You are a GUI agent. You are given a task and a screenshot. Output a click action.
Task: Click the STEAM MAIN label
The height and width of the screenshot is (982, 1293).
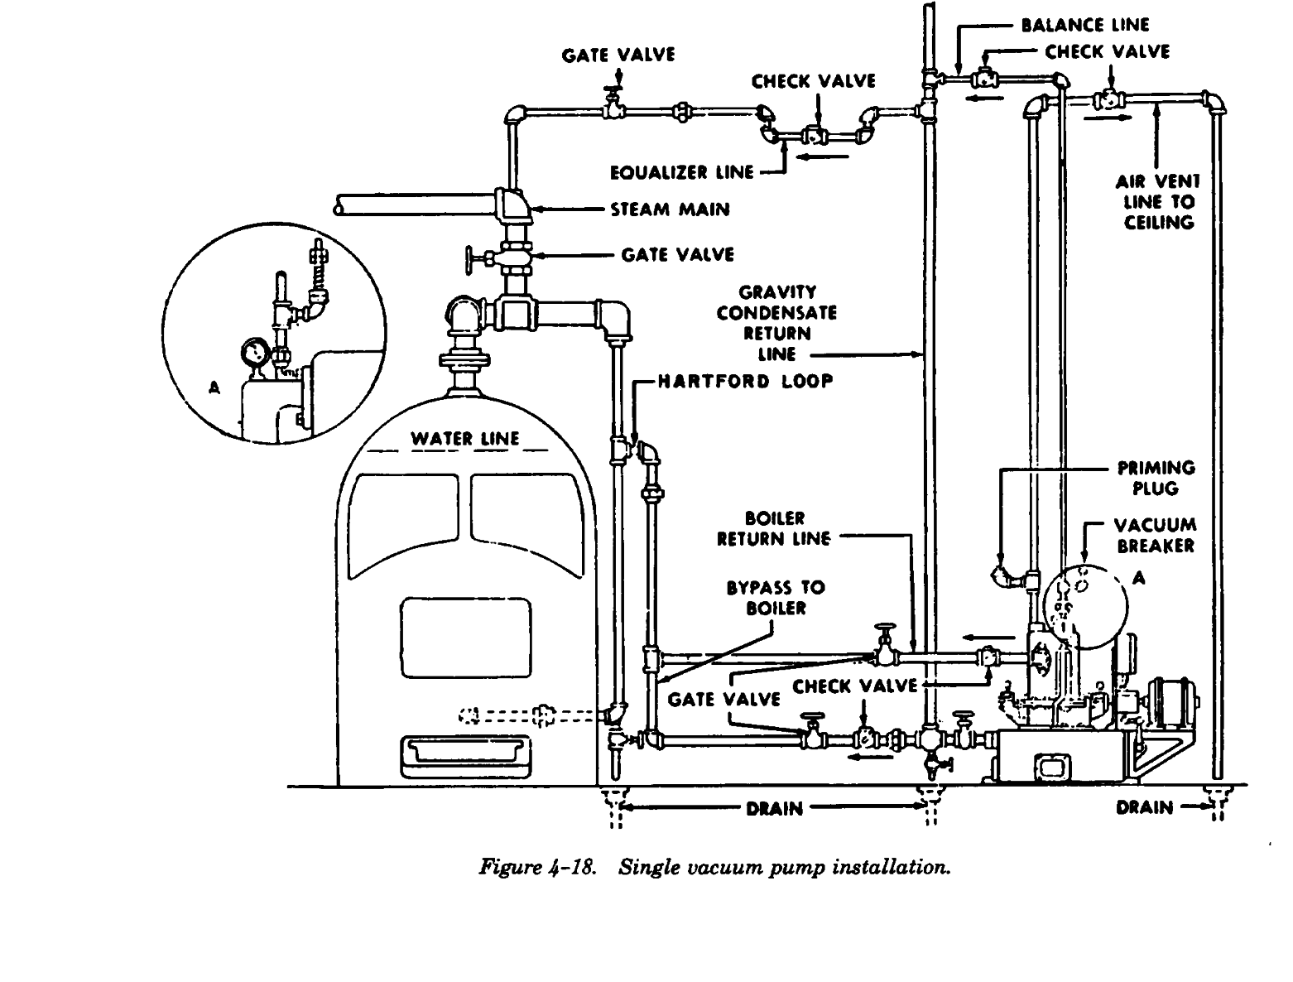[670, 209]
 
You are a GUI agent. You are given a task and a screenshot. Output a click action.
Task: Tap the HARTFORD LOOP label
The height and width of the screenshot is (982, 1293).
[746, 382]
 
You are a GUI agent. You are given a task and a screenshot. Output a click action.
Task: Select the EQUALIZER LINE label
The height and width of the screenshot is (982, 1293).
[682, 173]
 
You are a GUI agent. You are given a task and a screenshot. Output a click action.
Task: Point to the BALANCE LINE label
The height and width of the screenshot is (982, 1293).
[1084, 25]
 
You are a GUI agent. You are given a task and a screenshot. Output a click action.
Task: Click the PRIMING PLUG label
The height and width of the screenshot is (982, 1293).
[1156, 478]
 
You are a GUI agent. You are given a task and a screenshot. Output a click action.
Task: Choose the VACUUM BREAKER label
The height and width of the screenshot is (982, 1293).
[1155, 535]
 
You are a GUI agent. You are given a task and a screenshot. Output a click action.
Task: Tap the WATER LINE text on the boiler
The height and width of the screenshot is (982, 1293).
[465, 439]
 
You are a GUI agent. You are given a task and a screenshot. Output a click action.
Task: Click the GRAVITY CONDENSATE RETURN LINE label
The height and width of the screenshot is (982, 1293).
[776, 323]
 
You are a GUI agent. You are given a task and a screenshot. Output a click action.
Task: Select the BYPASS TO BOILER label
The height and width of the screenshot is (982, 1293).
[776, 597]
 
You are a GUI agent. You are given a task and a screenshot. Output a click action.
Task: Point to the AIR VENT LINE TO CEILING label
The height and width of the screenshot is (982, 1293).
[1158, 201]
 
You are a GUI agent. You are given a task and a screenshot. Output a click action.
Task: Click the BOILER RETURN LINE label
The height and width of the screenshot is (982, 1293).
[774, 529]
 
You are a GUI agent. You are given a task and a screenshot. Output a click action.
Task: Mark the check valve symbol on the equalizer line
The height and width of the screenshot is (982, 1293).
[814, 135]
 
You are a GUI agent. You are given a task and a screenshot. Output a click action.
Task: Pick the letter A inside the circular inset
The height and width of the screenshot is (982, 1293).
[215, 387]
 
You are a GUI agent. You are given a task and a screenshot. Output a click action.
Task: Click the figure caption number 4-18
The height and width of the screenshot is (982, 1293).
[573, 867]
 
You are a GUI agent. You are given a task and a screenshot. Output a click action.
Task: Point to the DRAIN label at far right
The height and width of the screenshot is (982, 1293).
[1144, 807]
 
